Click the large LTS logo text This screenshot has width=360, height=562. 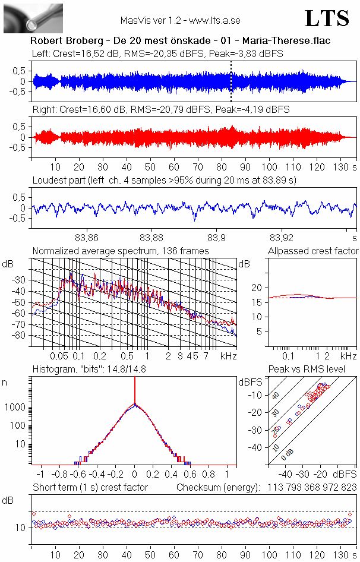(x=326, y=18)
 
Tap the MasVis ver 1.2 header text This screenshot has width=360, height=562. (x=180, y=20)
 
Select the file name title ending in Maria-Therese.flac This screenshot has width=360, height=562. (x=180, y=41)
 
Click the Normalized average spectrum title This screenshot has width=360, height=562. (x=121, y=251)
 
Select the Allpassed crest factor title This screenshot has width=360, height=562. (x=313, y=251)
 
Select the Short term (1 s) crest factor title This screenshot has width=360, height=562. (x=90, y=487)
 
